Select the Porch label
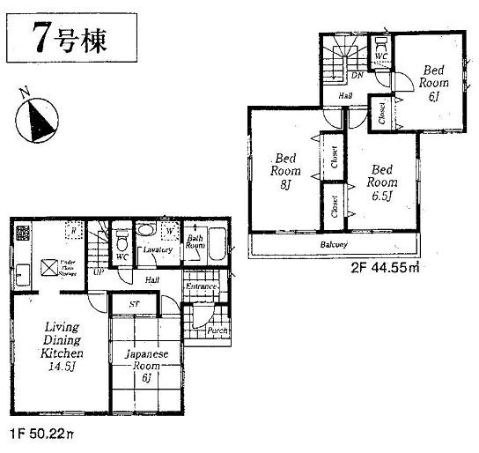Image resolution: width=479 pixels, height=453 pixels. [217, 330]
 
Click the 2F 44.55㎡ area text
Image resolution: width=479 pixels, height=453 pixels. [385, 266]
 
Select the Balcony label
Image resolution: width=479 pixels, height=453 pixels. [334, 244]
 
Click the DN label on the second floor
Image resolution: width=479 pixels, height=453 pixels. [357, 76]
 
